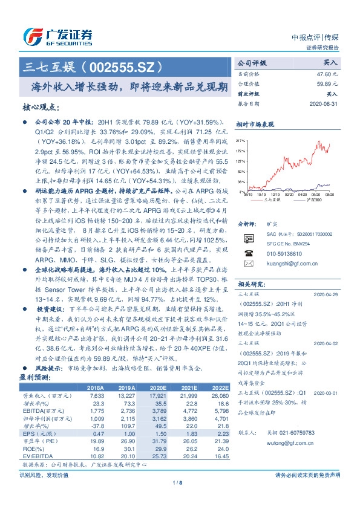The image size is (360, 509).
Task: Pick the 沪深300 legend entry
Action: point(313,199)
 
